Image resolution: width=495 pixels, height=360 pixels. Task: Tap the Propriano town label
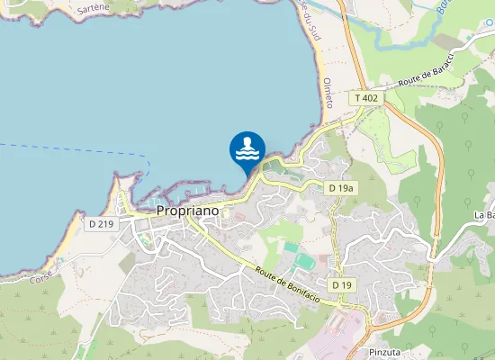(x=188, y=210)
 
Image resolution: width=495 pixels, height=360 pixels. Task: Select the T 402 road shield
(x=366, y=97)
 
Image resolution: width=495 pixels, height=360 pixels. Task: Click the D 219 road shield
(x=102, y=224)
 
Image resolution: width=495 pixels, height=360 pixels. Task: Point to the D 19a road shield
(x=340, y=187)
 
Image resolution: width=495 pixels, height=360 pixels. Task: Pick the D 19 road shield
(x=340, y=284)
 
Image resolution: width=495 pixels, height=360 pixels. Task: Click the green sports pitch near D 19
(x=304, y=261)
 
